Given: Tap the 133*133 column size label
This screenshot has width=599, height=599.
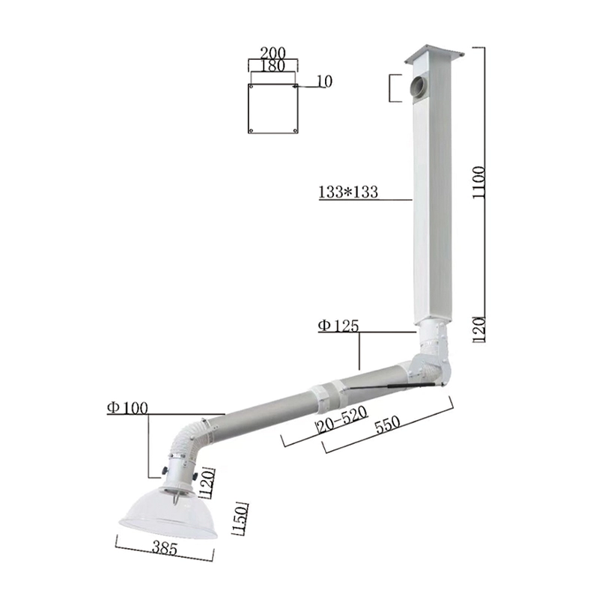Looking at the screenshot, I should pos(348,192).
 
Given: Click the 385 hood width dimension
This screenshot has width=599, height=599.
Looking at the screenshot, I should pos(164,549).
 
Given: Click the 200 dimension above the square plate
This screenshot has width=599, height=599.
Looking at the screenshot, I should pos(272,53).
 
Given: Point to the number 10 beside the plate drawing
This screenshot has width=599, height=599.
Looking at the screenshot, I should pos(324,82).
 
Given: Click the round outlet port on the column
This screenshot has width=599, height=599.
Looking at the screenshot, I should pos(416,87).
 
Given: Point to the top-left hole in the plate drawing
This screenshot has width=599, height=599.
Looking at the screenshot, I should pos(252,87).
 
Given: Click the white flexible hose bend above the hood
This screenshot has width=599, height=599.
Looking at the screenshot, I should pos(187,439).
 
